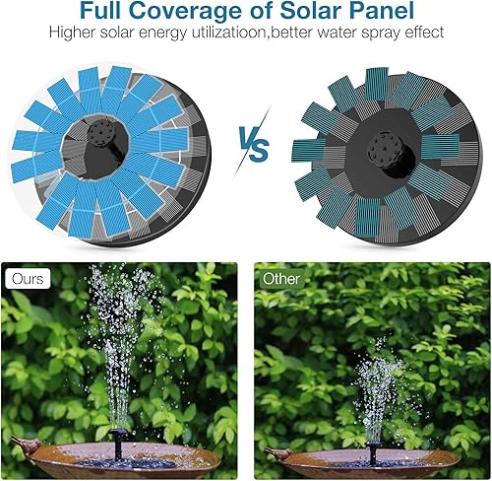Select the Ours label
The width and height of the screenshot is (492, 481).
tap(28, 279)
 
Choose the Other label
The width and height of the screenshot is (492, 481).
tap(280, 279)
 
